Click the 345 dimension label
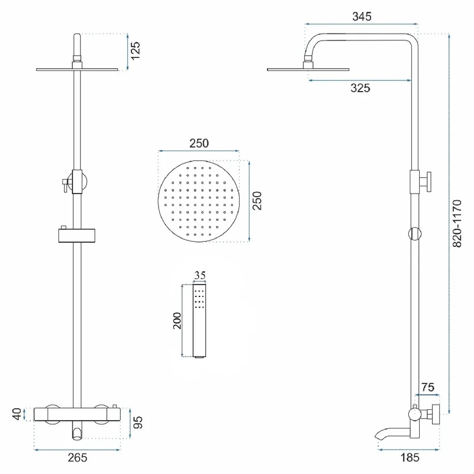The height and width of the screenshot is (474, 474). (361, 17)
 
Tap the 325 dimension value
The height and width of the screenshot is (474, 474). (360, 88)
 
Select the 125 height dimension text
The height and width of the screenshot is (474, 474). (135, 51)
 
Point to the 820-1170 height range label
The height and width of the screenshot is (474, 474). (457, 223)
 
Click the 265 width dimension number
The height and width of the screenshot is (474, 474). (77, 457)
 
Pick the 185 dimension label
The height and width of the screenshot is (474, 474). (410, 457)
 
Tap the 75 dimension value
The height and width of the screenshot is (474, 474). (428, 387)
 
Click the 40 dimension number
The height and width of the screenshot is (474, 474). (17, 414)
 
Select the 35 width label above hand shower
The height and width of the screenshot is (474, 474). (199, 275)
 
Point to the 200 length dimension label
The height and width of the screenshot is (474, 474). (177, 321)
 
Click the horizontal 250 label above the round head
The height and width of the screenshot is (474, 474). (199, 143)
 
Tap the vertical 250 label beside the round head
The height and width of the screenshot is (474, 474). (257, 201)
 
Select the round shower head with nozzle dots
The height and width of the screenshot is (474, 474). (199, 201)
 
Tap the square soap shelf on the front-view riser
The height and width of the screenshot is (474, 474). (77, 235)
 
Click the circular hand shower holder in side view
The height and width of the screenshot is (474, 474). (415, 233)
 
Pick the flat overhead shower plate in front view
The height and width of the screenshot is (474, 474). (77, 70)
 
